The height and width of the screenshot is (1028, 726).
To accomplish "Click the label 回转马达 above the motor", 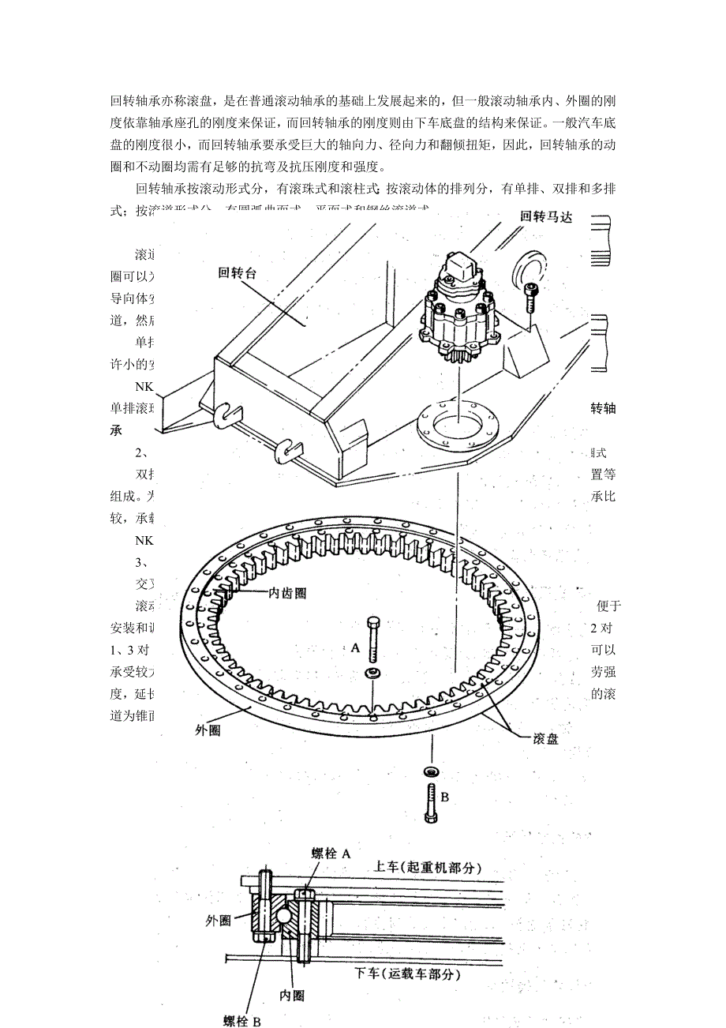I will click(545, 216).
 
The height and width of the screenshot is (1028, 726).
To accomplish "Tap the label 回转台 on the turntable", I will click(238, 273).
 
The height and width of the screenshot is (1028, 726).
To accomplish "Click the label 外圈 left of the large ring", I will click(208, 730).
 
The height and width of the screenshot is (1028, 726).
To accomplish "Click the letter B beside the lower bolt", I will click(444, 797).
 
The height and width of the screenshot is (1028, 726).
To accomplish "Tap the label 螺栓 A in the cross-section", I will click(331, 854).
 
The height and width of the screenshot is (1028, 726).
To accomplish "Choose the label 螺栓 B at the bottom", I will click(241, 1021).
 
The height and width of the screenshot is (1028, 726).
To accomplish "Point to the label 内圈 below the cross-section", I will click(292, 996).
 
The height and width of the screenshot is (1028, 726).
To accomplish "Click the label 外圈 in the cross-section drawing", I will click(218, 920).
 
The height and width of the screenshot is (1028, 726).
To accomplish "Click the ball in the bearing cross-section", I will click(283, 916).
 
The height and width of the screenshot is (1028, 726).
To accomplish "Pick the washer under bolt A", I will click(371, 672).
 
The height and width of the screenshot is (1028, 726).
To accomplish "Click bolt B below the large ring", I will click(431, 802).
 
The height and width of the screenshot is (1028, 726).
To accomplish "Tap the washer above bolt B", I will click(432, 771).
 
